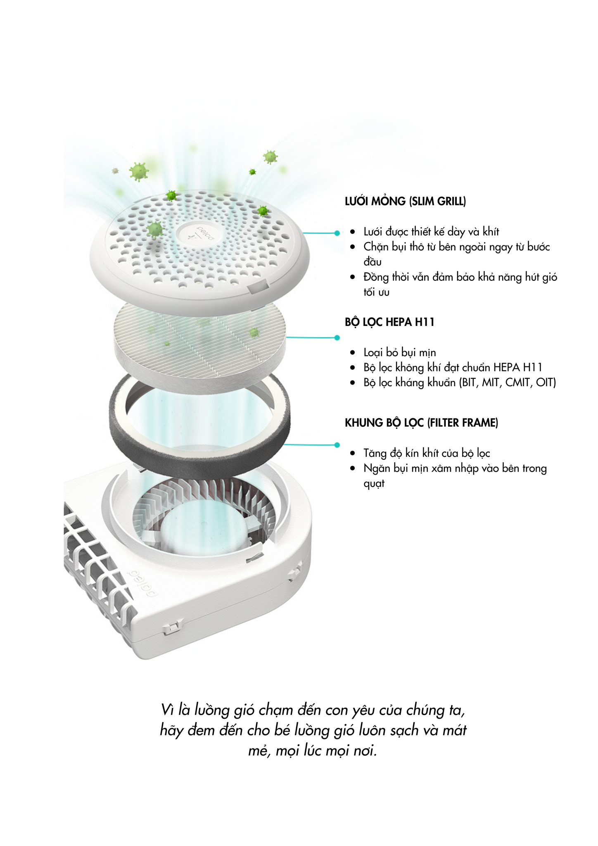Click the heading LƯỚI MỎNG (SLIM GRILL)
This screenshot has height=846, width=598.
click(x=405, y=201)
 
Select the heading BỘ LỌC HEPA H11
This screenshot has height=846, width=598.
click(x=390, y=322)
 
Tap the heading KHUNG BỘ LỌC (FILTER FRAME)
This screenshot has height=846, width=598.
click(x=421, y=423)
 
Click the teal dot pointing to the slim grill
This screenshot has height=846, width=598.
click(x=337, y=233)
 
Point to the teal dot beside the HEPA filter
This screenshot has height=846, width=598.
click(x=337, y=337)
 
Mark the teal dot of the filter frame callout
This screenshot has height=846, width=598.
click(x=337, y=445)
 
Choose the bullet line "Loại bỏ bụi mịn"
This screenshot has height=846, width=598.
click(x=399, y=352)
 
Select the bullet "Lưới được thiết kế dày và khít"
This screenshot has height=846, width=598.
click(x=431, y=232)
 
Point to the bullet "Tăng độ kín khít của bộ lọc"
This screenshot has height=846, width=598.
click(x=427, y=453)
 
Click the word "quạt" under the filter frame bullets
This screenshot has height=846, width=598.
click(x=374, y=484)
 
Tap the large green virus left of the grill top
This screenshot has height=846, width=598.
click(x=138, y=171)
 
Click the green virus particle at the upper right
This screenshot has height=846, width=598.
click(x=270, y=157)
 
